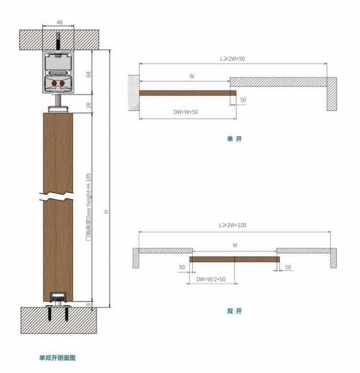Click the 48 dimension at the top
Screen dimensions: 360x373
click(59, 22)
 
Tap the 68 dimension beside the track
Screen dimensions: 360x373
click(88, 74)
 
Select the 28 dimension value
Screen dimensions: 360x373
click(88, 105)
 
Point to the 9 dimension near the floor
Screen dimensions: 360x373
click(88, 304)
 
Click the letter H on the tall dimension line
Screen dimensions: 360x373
click(106, 212)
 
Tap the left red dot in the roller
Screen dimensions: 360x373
click(54, 83)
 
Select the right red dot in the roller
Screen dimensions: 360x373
click(62, 83)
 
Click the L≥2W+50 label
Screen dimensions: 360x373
click(233, 59)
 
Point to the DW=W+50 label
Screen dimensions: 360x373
click(186, 112)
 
